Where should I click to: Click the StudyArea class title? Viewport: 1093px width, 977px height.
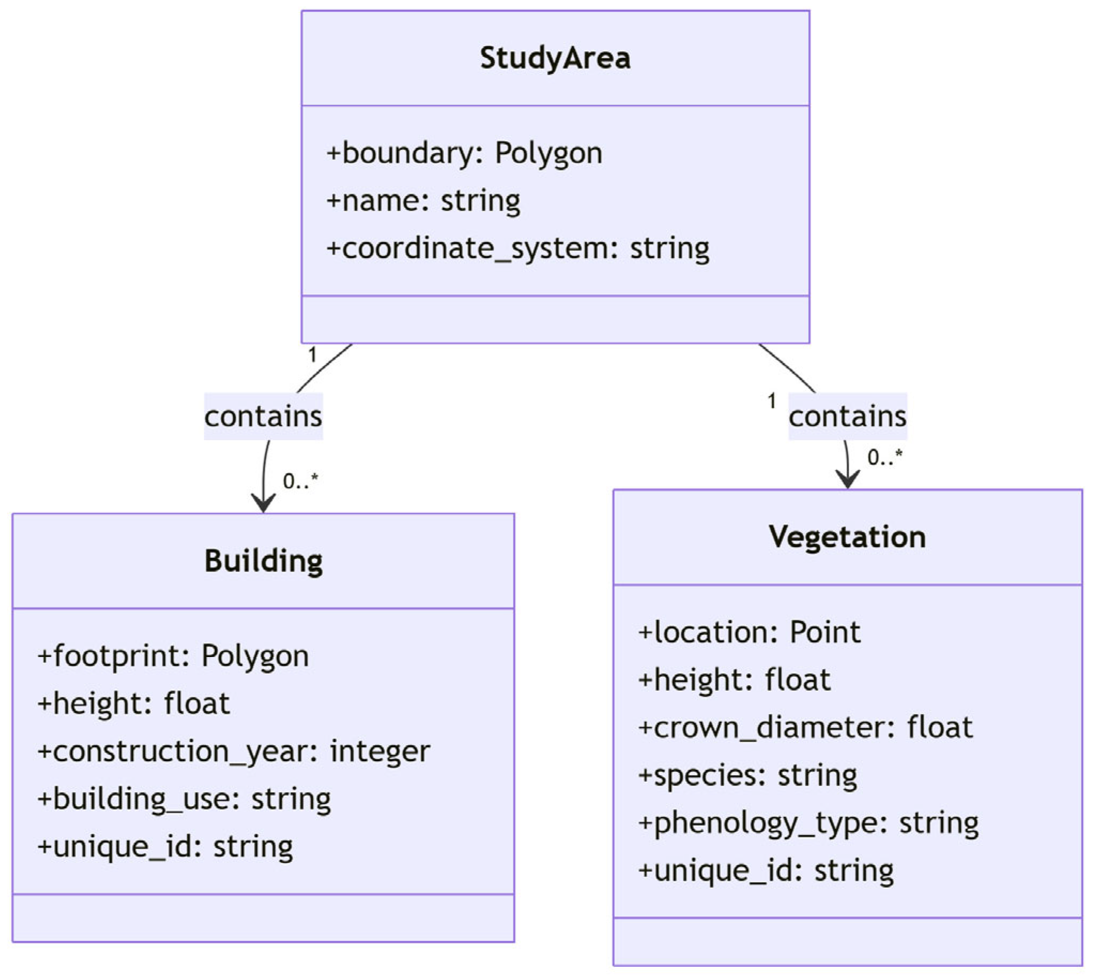coord(555,58)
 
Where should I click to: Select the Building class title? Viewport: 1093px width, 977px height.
coord(264,561)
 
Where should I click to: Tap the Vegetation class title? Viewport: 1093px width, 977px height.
coord(847,537)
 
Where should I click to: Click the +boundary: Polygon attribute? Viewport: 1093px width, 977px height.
coord(464,154)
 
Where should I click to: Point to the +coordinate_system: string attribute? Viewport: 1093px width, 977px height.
coord(518,249)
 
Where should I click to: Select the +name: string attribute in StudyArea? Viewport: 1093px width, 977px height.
coord(424,201)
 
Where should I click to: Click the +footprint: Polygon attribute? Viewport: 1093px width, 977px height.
coord(173,656)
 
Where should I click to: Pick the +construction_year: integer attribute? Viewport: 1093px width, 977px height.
coord(234,751)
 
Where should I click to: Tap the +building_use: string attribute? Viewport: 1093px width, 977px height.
coord(184,799)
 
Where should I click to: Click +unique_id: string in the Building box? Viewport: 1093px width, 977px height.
coord(165,846)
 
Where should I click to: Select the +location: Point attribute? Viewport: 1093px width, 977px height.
coord(750,632)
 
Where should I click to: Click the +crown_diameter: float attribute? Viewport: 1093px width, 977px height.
coord(805,728)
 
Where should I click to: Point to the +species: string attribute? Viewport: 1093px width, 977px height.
coord(748,776)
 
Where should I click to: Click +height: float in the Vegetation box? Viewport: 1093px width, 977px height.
coord(734,680)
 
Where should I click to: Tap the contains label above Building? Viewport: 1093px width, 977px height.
coord(263,417)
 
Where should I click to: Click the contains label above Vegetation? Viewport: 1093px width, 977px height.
coord(847,417)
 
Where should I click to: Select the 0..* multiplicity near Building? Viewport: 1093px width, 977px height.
coord(301,481)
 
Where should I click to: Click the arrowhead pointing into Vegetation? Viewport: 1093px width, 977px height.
coord(847,479)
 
